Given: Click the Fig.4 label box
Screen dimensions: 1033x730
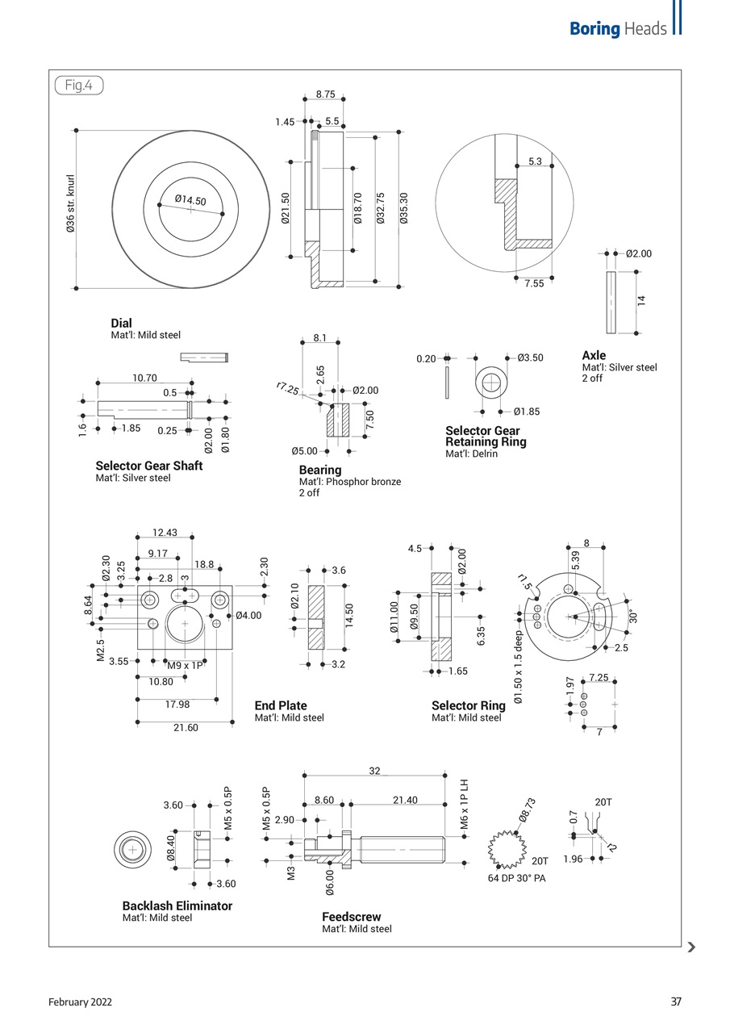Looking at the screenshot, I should click(x=78, y=86).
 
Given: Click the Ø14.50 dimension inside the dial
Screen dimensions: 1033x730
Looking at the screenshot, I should click(x=190, y=200).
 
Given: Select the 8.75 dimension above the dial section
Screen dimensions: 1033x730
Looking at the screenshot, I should click(x=325, y=94).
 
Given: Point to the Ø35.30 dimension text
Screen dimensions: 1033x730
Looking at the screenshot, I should click(x=404, y=207).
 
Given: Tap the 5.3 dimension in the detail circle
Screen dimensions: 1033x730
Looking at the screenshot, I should click(x=535, y=161).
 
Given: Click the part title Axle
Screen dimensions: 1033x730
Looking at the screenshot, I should click(x=594, y=355).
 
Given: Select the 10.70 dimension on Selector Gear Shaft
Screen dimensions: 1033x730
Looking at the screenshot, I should click(x=144, y=377).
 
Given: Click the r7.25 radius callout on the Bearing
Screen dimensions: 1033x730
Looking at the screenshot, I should click(x=287, y=390).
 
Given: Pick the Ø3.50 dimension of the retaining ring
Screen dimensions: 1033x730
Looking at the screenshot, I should click(x=530, y=358).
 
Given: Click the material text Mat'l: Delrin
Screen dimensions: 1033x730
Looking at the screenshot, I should click(x=471, y=454).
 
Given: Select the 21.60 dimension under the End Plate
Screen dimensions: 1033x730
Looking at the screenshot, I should click(x=186, y=727).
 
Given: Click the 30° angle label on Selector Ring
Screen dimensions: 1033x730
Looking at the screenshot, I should click(x=633, y=615).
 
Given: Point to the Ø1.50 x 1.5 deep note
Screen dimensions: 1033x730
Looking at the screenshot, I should click(x=519, y=667).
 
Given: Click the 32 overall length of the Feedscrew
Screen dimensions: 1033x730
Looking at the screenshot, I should click(x=374, y=771).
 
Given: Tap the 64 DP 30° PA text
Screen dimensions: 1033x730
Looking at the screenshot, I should click(x=516, y=878).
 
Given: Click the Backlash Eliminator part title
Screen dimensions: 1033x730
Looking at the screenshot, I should click(x=177, y=905).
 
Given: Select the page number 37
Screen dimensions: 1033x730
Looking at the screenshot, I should click(x=676, y=1002).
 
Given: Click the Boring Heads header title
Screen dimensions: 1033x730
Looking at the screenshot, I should click(x=618, y=29).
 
